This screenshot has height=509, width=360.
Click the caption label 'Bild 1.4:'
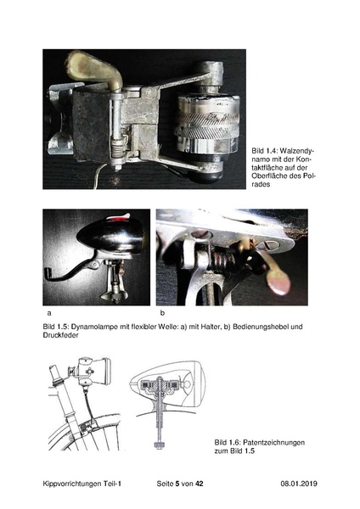pyautogui.click(x=264, y=151)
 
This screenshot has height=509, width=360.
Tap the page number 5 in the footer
pyautogui.click(x=177, y=484)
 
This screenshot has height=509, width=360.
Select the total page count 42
pyautogui.click(x=200, y=484)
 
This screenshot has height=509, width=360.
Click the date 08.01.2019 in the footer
pyautogui.click(x=299, y=484)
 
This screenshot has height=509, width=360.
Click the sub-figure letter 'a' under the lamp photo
pyautogui.click(x=49, y=313)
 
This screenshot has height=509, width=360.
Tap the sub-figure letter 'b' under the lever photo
pyautogui.click(x=162, y=313)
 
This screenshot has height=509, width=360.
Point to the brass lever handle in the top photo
pyautogui.click(x=94, y=70)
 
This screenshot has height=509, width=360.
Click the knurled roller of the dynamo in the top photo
pyautogui.click(x=207, y=123)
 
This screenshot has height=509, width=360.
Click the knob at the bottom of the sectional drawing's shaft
pyautogui.click(x=160, y=445)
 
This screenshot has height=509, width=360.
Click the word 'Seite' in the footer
pyautogui.click(x=165, y=484)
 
